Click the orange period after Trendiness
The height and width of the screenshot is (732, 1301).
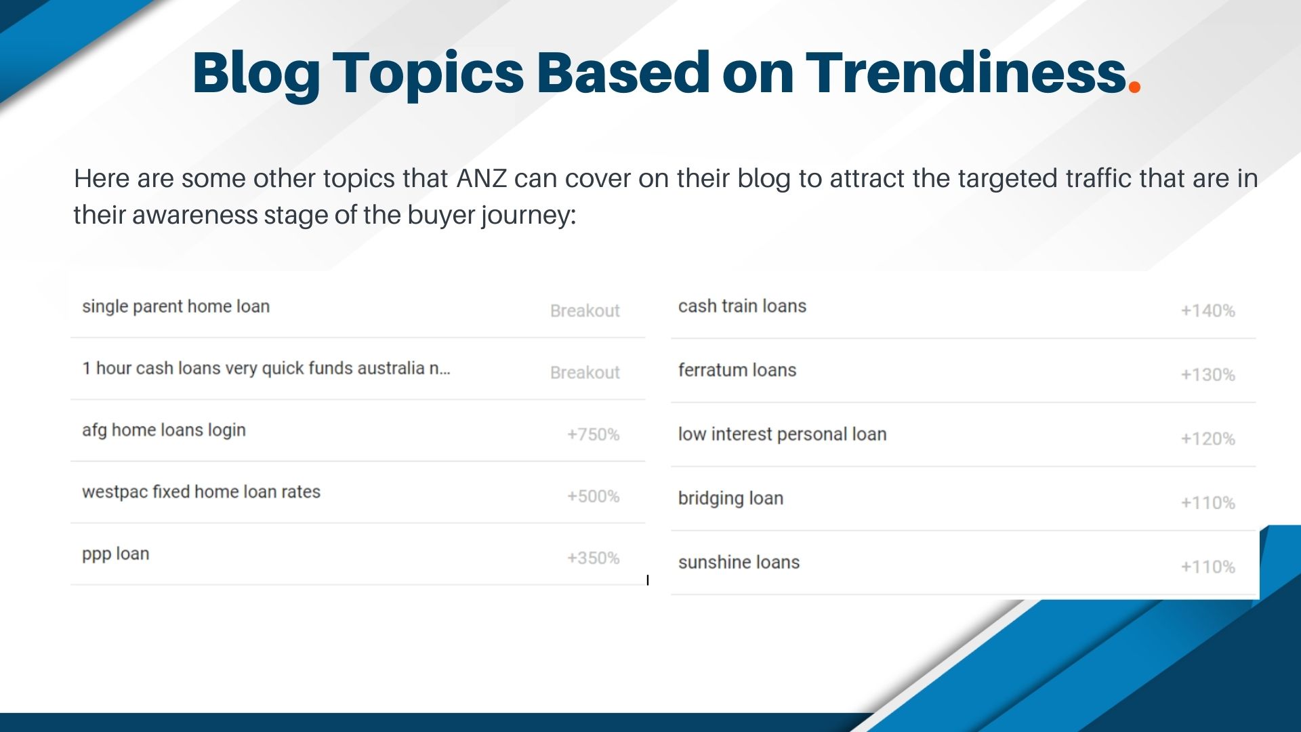pos(1134,87)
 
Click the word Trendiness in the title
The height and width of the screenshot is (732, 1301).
pos(966,73)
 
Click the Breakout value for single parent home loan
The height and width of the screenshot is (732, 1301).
pos(585,311)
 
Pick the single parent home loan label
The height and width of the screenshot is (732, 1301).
pos(175,306)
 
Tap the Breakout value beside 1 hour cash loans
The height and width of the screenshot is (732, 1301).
pos(585,373)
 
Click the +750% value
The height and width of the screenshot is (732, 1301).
pos(593,434)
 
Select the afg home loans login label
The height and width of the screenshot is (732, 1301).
pos(163,430)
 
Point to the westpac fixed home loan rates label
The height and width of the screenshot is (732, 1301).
pos(201,492)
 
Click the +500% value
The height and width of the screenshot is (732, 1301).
pos(593,496)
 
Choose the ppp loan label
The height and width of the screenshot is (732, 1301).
pos(115,554)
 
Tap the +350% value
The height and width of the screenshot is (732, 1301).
pos(593,558)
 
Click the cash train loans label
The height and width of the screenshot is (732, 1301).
pos(742,306)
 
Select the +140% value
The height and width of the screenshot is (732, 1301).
pos(1207,311)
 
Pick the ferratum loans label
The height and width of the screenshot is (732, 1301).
pos(737,370)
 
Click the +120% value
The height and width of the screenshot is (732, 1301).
pos(1207,439)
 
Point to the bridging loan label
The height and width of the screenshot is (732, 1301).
pos(730,499)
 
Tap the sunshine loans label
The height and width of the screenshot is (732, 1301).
pos(739,563)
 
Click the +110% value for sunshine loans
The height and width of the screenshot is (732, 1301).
pos(1207,567)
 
